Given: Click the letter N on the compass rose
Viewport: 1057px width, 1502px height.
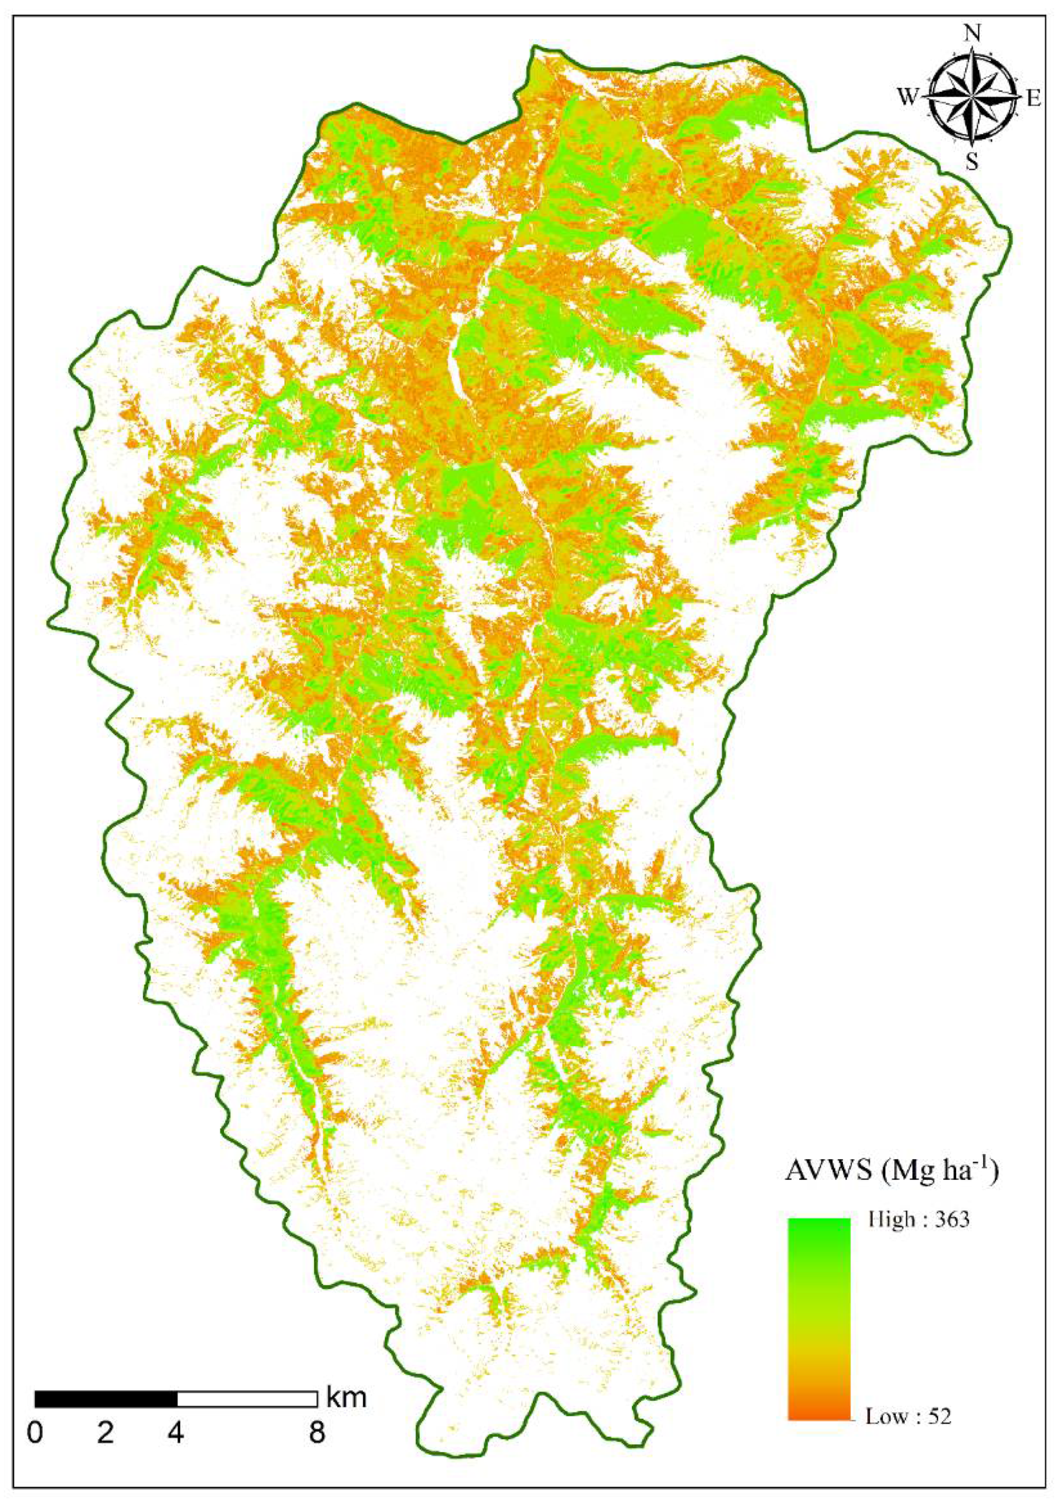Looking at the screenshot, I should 973,33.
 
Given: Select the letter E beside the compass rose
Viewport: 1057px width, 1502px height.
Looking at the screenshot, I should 1033,99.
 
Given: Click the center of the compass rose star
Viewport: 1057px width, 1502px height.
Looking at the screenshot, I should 973,97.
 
